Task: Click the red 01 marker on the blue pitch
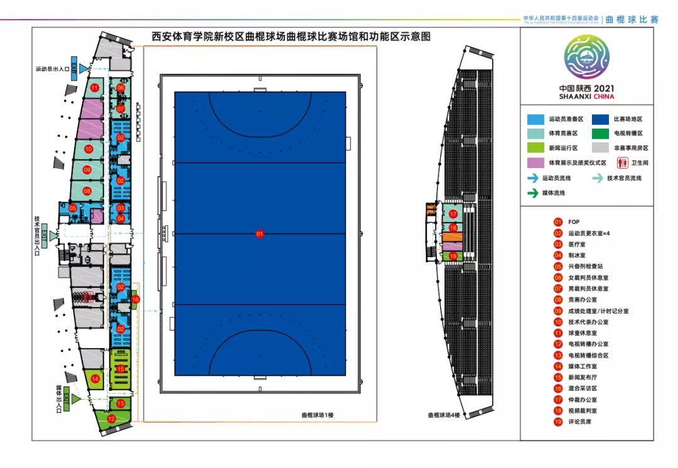259,234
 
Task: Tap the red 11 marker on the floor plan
95,88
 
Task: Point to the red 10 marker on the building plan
89,149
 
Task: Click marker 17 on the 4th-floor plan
453,214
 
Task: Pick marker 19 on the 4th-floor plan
453,255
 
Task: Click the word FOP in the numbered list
574,221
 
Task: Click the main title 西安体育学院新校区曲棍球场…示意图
291,37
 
